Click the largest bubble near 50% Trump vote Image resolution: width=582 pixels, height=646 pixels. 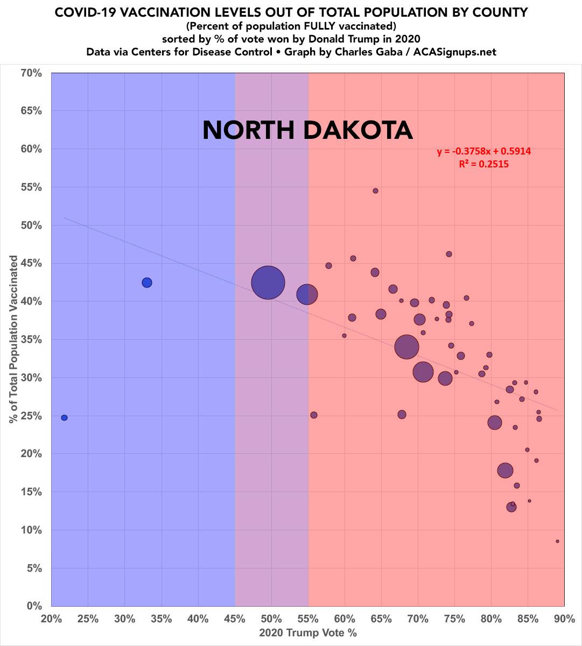268,282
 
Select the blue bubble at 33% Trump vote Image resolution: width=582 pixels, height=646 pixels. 146,283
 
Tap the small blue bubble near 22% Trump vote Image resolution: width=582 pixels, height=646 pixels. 64,418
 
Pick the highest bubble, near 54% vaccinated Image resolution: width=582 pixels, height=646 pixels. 375,191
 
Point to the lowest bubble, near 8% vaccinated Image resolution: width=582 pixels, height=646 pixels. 557,541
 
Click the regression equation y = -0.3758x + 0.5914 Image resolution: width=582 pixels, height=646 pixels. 484,152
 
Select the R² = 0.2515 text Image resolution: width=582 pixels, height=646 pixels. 483,165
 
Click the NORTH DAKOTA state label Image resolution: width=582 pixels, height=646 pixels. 307,130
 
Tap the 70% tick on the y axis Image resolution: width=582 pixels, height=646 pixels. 31,72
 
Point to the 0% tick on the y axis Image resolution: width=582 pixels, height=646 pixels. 33,606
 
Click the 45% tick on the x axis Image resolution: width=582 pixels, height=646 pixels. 235,619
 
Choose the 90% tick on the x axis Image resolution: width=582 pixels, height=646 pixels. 564,619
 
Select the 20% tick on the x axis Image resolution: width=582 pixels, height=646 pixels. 51,619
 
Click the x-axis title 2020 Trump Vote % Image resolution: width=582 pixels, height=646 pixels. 308,633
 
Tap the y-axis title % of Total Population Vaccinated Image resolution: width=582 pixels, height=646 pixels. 13,339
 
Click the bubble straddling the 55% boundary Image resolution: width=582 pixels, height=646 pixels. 307,294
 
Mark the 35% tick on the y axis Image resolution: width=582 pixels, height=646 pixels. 31,339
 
